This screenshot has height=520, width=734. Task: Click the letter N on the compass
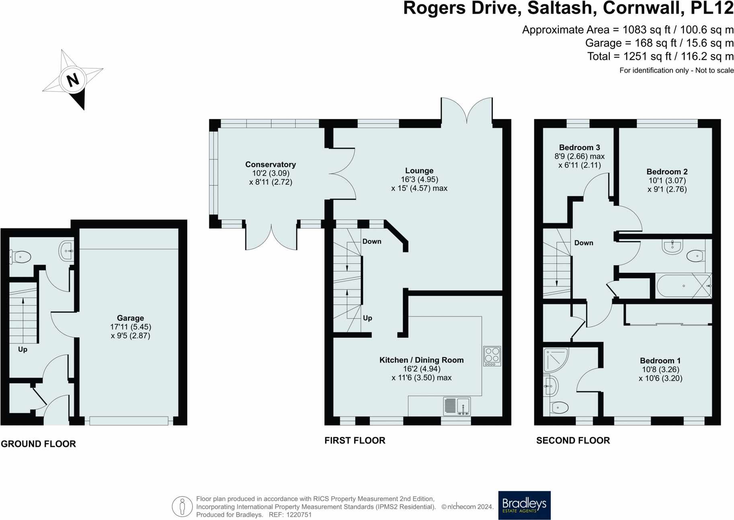[x=73, y=80]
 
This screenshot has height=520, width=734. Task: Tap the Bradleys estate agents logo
[x=524, y=505]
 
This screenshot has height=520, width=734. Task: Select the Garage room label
[x=130, y=318]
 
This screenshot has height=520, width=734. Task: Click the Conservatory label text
[x=271, y=164]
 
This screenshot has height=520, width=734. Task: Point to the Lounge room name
[x=419, y=170]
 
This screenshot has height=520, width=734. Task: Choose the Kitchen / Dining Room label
[x=422, y=360]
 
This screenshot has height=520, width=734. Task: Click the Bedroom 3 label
[x=579, y=147]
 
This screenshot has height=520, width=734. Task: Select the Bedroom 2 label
[x=667, y=172]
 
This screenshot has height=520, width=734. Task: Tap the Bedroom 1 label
[x=660, y=360]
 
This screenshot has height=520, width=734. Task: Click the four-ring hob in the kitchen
[x=492, y=356]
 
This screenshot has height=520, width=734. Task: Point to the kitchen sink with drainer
[x=457, y=406]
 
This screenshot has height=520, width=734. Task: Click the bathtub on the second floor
[x=683, y=286]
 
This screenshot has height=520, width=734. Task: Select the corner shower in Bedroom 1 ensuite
[x=556, y=360]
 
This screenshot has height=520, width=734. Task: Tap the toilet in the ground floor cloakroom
[x=21, y=257]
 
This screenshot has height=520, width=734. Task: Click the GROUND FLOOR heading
[x=38, y=444]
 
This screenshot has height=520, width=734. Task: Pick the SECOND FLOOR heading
[x=573, y=440]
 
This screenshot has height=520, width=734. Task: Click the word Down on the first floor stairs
[x=372, y=242]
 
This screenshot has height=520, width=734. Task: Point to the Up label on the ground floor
[x=23, y=349]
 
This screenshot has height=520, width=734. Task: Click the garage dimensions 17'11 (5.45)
[x=131, y=327]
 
